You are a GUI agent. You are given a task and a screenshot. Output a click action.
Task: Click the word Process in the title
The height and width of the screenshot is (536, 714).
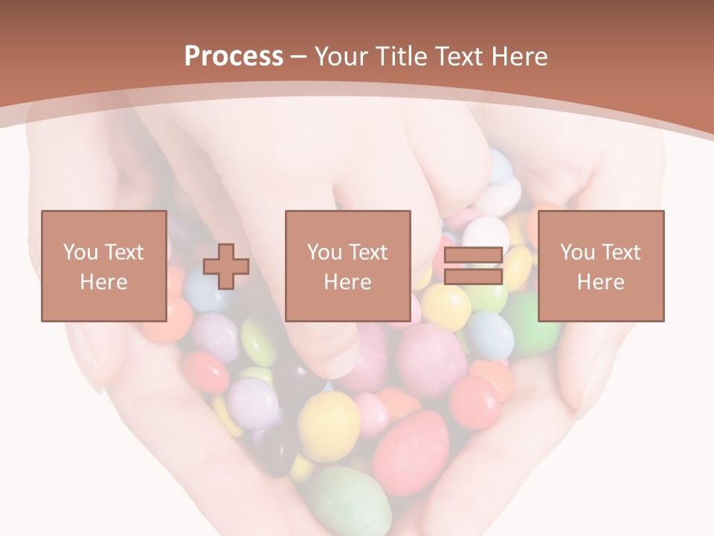234,57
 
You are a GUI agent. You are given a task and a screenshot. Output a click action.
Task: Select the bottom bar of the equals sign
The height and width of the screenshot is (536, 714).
473,277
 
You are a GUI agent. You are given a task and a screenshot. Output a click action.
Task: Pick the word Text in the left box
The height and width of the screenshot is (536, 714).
123,252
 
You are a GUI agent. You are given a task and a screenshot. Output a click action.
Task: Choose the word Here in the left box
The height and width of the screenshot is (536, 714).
103,282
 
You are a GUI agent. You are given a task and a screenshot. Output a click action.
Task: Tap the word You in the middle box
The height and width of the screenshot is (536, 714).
324,252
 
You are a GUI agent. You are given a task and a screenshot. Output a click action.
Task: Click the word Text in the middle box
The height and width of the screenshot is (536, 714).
367,252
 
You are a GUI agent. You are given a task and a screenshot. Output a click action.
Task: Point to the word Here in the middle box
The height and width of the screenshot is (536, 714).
347,282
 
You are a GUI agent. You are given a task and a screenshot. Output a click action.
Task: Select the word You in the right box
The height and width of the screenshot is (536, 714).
577,252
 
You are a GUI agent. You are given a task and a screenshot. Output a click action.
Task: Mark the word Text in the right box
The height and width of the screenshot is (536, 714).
620,252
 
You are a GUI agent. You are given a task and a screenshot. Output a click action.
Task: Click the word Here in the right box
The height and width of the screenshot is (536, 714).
600,282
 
